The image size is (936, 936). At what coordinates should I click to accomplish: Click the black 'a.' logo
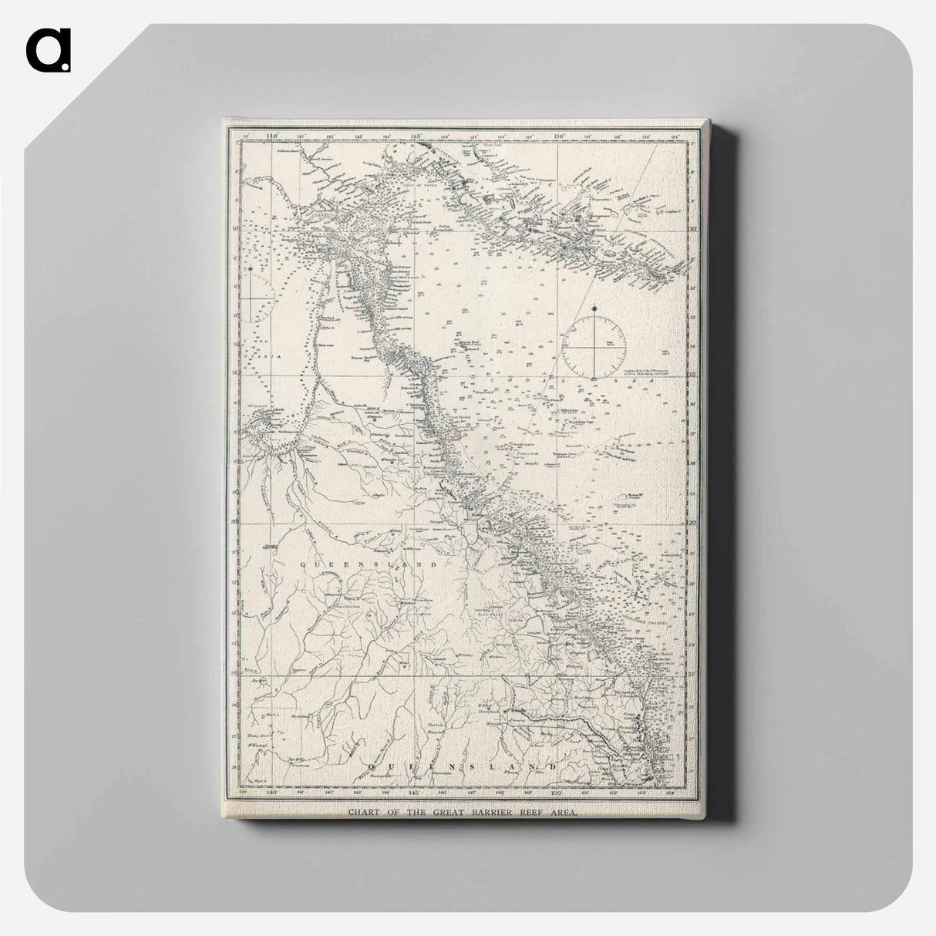pos(48,52)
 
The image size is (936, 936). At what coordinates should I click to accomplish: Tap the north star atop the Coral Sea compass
pos(594,311)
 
